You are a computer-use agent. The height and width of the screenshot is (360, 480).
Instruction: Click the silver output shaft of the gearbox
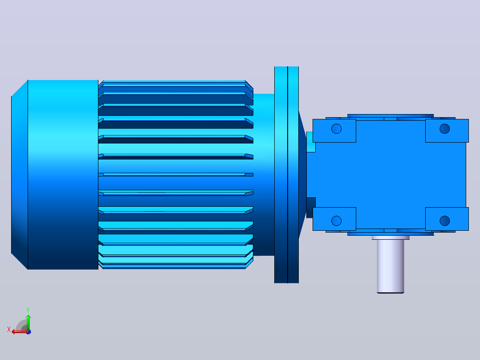coord(391,266)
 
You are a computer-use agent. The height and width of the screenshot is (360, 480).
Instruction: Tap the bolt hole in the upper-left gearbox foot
coord(337,129)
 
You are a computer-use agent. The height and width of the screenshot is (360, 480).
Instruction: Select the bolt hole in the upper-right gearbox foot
coord(444,129)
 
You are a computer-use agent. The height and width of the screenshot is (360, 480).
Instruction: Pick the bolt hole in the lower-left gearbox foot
coord(337,221)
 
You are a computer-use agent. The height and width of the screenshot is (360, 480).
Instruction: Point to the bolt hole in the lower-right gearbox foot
coord(444,221)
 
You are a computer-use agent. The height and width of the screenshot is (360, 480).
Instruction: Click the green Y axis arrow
coord(28,323)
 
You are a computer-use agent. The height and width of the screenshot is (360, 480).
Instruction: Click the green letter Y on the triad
coord(28,310)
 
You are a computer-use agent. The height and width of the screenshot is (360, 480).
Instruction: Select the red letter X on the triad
coord(9,329)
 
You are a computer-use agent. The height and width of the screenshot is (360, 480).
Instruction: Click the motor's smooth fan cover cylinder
coord(63,175)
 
